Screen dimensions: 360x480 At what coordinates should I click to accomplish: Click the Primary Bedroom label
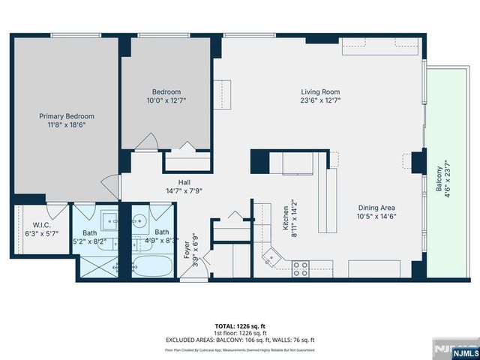(x=67, y=116)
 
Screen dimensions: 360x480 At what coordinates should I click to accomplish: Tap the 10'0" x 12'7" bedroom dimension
(x=166, y=100)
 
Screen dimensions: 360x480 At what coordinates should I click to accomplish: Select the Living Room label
(x=321, y=91)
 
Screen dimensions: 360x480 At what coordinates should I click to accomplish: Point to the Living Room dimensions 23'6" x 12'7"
(x=321, y=100)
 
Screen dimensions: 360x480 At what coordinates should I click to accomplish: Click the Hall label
(x=184, y=181)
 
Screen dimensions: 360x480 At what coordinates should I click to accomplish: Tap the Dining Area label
(x=376, y=208)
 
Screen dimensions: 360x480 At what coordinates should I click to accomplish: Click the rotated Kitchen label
(x=286, y=208)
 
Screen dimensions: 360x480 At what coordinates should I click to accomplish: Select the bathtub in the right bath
(x=152, y=265)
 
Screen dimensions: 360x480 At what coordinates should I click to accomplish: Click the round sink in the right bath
(x=139, y=221)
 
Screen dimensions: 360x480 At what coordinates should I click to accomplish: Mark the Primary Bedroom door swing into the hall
(x=111, y=186)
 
